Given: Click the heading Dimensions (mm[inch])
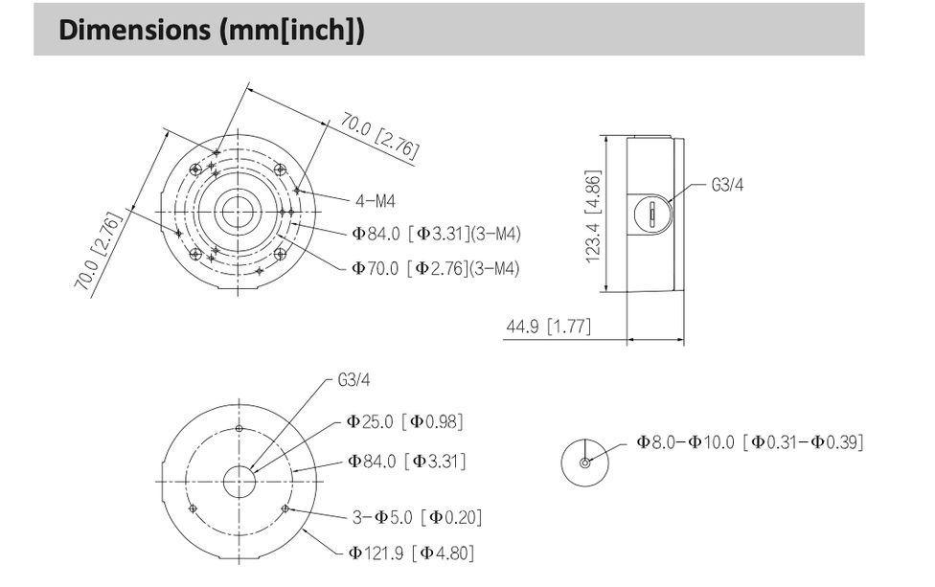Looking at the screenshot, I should coord(212,30).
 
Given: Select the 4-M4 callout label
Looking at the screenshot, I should coord(375,201).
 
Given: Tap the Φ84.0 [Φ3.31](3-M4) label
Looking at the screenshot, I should coord(435,234).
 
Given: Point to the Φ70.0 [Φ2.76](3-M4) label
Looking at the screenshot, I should coord(435,269).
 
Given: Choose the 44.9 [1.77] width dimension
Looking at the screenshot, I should coord(548,328).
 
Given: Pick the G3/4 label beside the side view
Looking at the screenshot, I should coord(727,185).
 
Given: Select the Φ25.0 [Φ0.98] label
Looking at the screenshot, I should coord(405,421).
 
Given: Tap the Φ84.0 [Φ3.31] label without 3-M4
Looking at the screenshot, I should coord(406,462).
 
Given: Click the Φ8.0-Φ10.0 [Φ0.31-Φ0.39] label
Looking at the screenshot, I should coord(750,441).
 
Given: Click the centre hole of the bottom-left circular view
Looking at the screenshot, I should coord(239,482).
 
